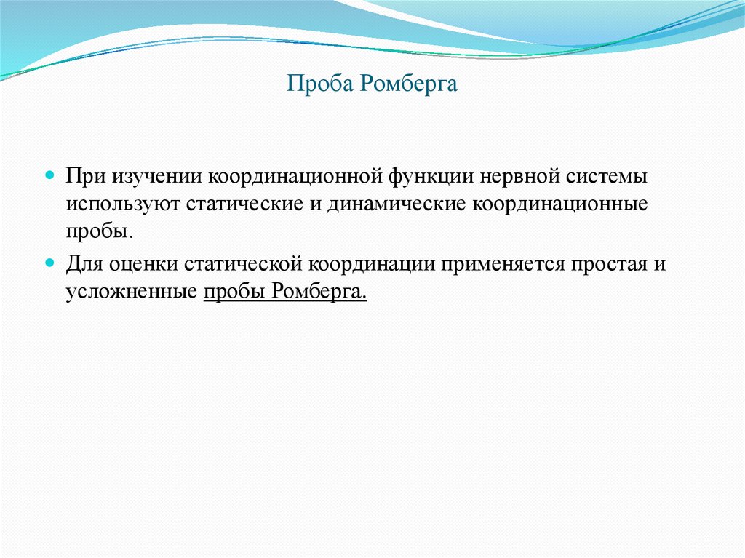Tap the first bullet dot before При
click(x=50, y=176)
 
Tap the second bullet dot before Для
click(x=50, y=261)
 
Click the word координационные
click(x=561, y=204)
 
